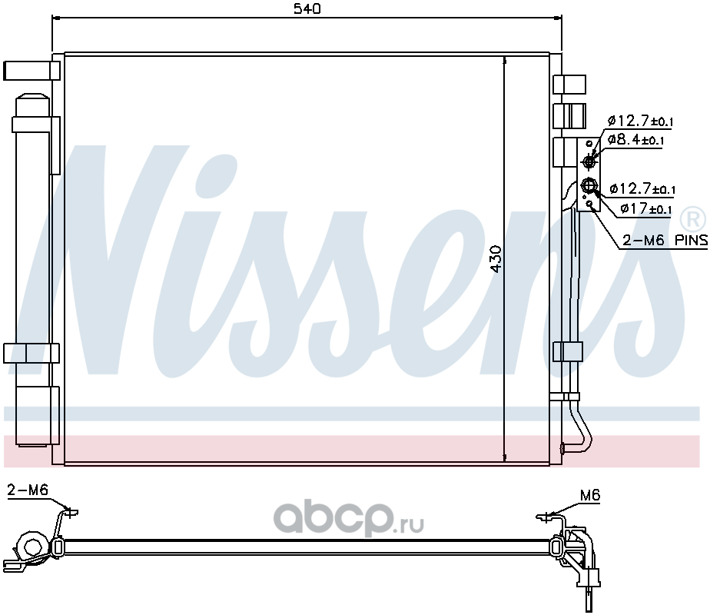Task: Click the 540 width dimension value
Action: click(307, 8)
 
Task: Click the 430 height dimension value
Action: click(496, 259)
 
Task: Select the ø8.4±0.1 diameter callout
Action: click(635, 139)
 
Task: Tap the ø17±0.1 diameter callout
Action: click(646, 209)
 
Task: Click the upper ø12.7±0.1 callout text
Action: click(640, 121)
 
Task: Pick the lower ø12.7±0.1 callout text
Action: click(642, 188)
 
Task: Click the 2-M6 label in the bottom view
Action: click(28, 490)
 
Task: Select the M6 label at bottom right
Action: click(590, 495)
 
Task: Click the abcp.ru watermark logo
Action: click(349, 518)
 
